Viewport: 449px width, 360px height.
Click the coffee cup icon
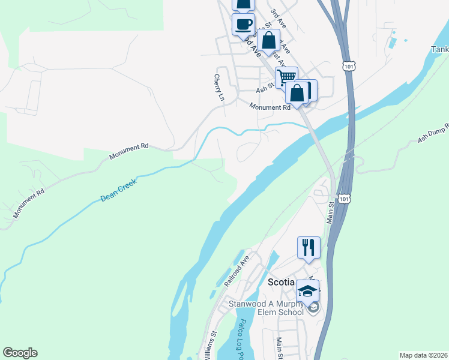click(x=243, y=25)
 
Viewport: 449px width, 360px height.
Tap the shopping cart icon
click(x=286, y=76)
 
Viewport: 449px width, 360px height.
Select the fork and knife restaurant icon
click(x=309, y=247)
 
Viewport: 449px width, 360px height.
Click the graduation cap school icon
click(x=308, y=291)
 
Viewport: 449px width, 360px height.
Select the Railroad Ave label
click(x=237, y=270)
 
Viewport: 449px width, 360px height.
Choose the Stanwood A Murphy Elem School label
click(x=266, y=308)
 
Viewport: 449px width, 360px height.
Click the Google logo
click(x=20, y=353)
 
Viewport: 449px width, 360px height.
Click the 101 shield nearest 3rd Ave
click(x=348, y=65)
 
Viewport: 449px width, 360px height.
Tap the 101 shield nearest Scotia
click(x=343, y=199)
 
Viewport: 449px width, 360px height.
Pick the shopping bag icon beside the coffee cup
click(x=270, y=41)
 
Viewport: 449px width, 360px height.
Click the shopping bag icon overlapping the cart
click(x=297, y=94)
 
